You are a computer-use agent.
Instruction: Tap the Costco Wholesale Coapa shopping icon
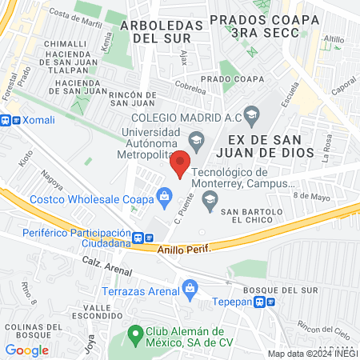[165, 195]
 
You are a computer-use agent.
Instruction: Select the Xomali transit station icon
[6, 119]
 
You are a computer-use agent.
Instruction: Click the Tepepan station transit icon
[270, 302]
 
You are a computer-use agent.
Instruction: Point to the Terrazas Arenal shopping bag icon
[190, 286]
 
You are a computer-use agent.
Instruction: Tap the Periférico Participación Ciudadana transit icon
[139, 238]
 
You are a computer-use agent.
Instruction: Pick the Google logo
[26, 350]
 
